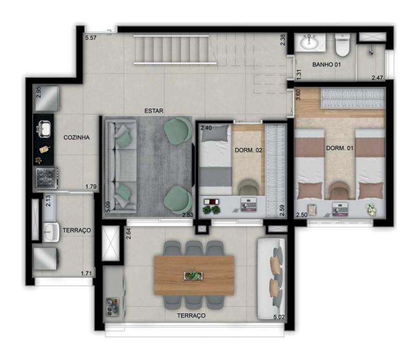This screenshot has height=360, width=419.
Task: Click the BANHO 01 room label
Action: click(326, 64)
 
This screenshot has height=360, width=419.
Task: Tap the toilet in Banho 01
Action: click(343, 45)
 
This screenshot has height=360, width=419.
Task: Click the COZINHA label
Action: click(76, 137)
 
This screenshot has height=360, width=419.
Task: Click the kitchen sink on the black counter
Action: click(45, 129)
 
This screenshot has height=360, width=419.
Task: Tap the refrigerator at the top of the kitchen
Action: click(46, 98)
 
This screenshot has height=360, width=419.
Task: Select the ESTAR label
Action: click(153, 111)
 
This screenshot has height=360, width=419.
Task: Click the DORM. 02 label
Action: click(248, 150)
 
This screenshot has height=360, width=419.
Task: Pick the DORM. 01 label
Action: click(339, 148)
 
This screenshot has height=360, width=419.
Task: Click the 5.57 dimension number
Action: click(91, 38)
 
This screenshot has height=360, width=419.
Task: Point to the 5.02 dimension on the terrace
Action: click(279, 317)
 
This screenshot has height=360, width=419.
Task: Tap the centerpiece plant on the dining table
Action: click(193, 275)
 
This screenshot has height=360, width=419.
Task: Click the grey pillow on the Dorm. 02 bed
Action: click(215, 133)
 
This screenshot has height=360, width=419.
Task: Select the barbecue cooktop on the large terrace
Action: click(113, 307)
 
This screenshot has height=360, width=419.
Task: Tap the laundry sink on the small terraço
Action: click(51, 232)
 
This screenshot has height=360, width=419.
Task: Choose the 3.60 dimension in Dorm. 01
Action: click(298, 95)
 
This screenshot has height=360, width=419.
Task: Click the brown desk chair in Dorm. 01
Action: click(338, 191)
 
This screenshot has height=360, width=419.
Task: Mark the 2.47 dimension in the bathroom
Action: click(377, 78)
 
